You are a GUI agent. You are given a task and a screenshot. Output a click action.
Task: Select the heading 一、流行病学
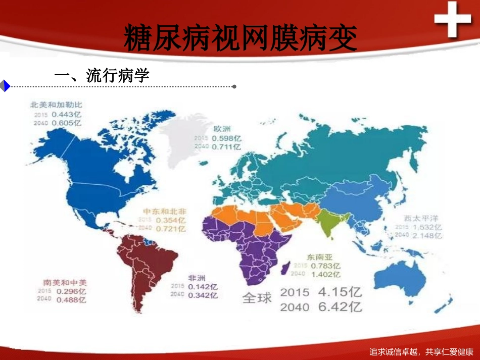[102, 76]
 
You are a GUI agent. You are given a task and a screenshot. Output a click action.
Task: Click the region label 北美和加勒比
[56, 105]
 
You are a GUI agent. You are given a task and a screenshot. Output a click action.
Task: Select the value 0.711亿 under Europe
[226, 147]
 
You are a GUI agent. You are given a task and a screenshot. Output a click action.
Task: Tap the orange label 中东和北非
[164, 211]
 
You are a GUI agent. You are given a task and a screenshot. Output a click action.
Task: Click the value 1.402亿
[325, 274]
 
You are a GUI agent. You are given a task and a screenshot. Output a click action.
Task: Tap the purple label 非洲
[197, 278]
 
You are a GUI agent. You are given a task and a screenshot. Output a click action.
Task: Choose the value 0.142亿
[203, 286]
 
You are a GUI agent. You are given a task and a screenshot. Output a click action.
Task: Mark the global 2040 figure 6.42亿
[340, 306]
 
